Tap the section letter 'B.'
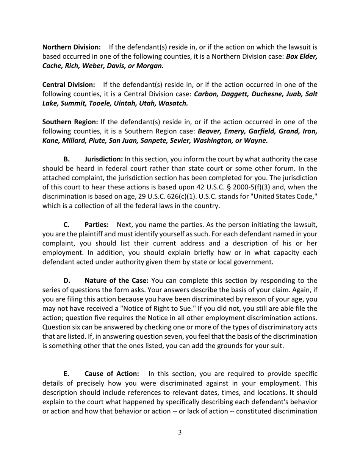pos(67,159)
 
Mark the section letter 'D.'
pos(67,281)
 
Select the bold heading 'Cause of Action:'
pos(112,374)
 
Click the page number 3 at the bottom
pos(180,433)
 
